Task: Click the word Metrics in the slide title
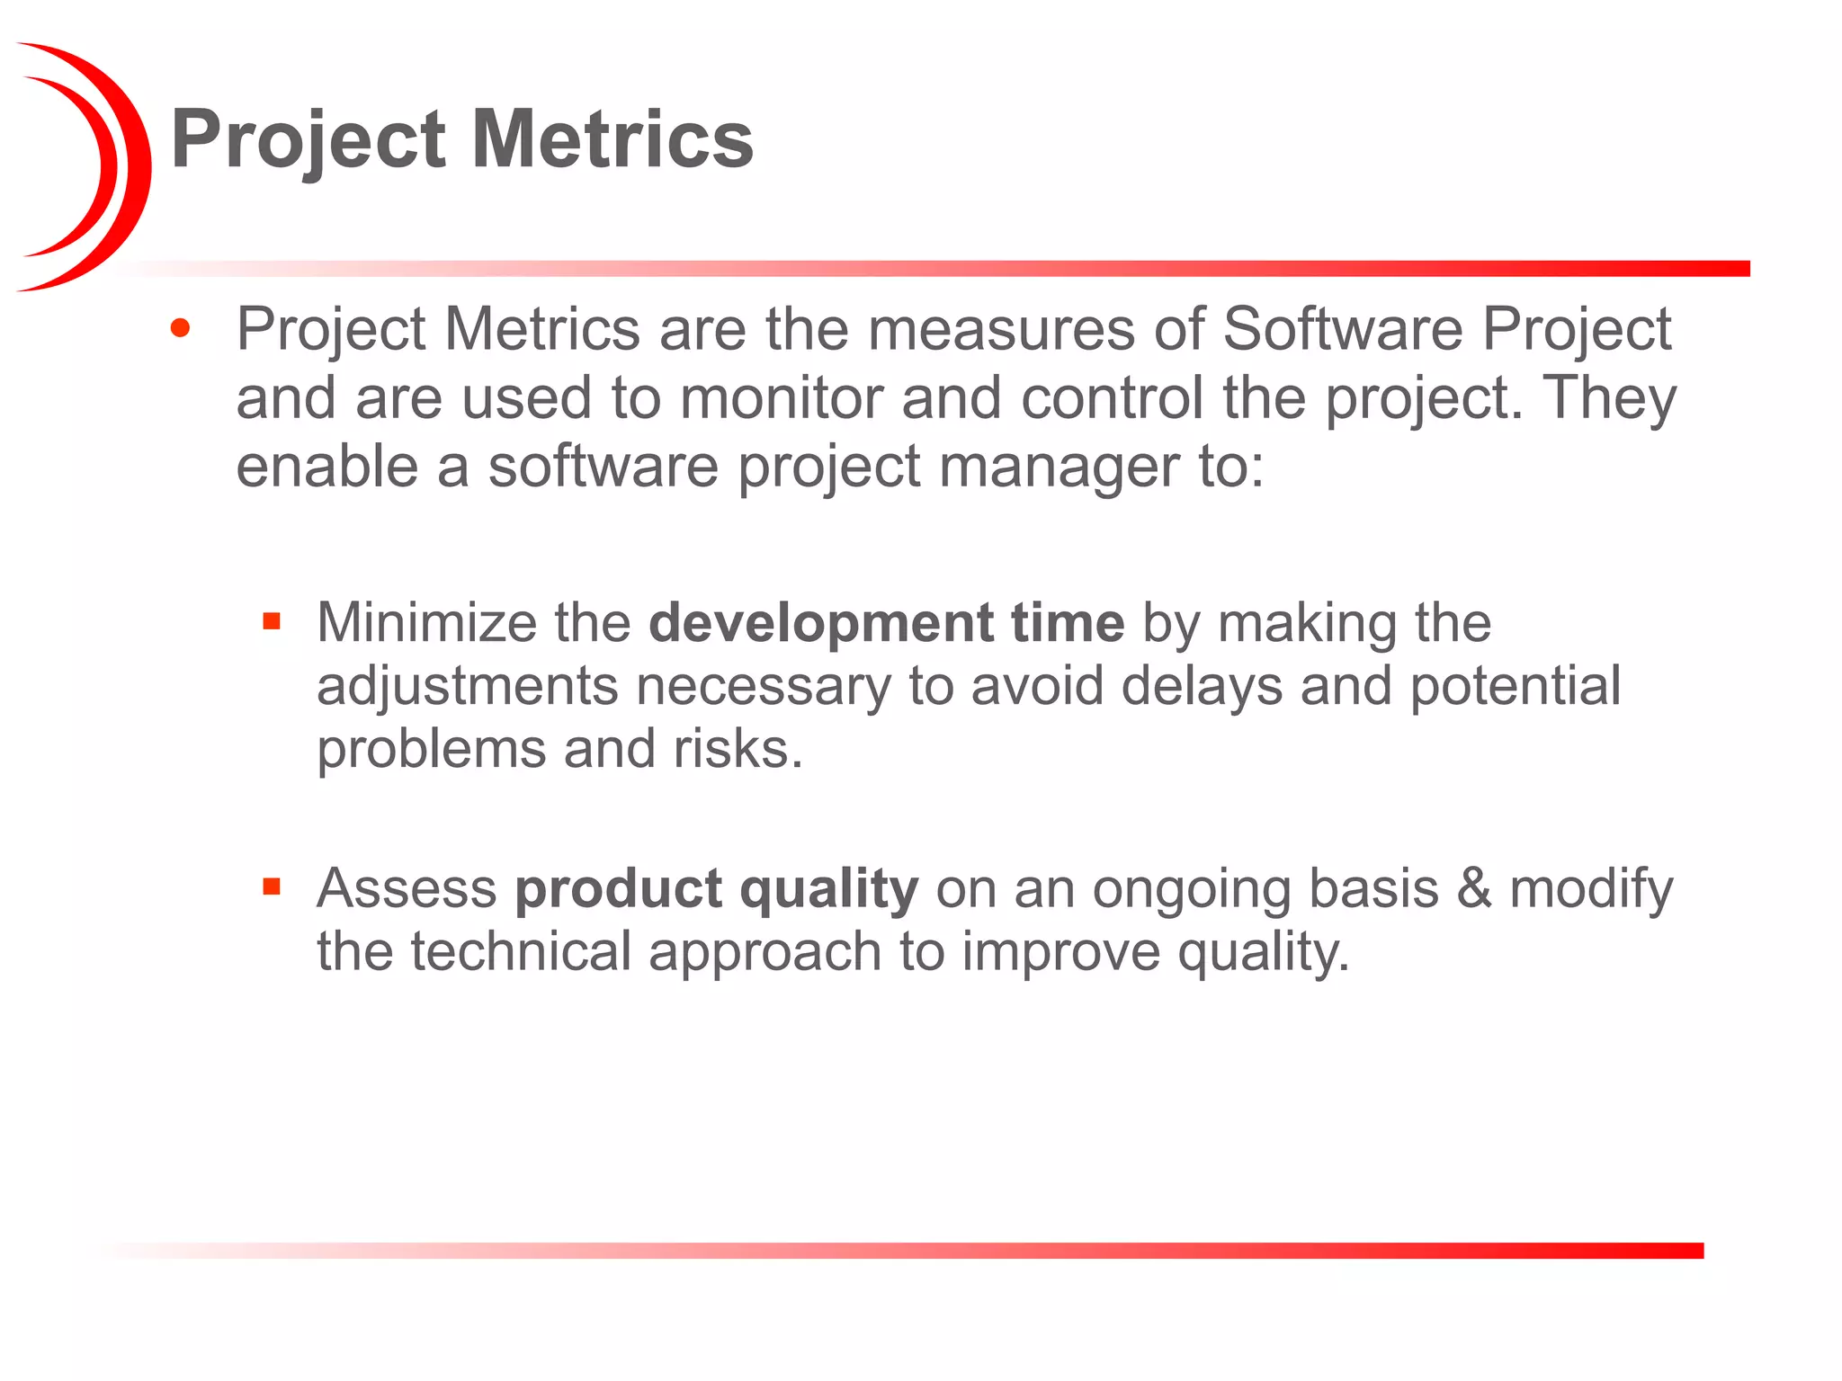click(613, 139)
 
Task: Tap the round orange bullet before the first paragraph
click(180, 328)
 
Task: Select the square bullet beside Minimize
click(272, 621)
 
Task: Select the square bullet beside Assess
click(272, 887)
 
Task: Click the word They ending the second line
click(1609, 397)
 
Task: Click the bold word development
click(819, 623)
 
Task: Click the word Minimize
click(426, 622)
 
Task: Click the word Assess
click(407, 888)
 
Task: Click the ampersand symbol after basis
click(1474, 888)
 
